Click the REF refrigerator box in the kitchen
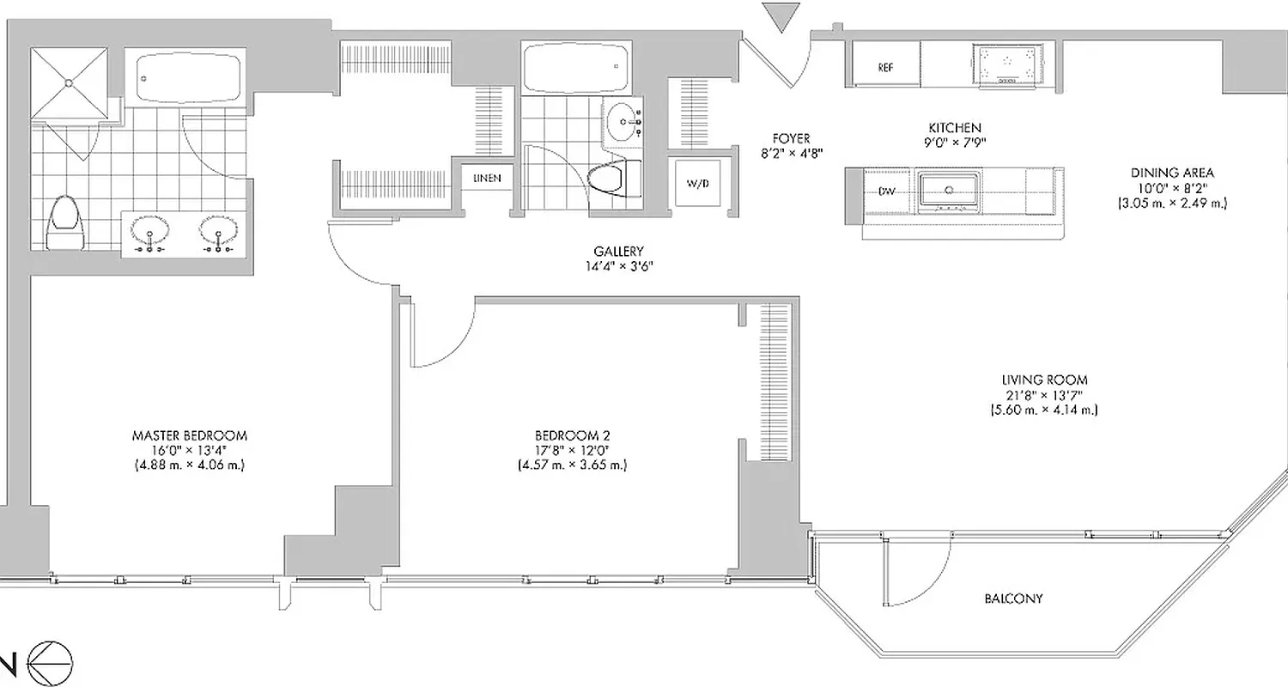coord(885,65)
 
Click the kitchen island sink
coord(950,190)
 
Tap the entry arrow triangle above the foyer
coord(781,16)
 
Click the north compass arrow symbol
coord(50,662)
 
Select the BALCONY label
coord(1013,599)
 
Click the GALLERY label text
coord(618,252)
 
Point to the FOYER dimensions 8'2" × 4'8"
coord(790,155)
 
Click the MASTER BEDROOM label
coord(190,435)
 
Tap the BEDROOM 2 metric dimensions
coord(572,466)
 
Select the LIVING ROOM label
coord(1044,380)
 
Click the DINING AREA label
coord(1171,173)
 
